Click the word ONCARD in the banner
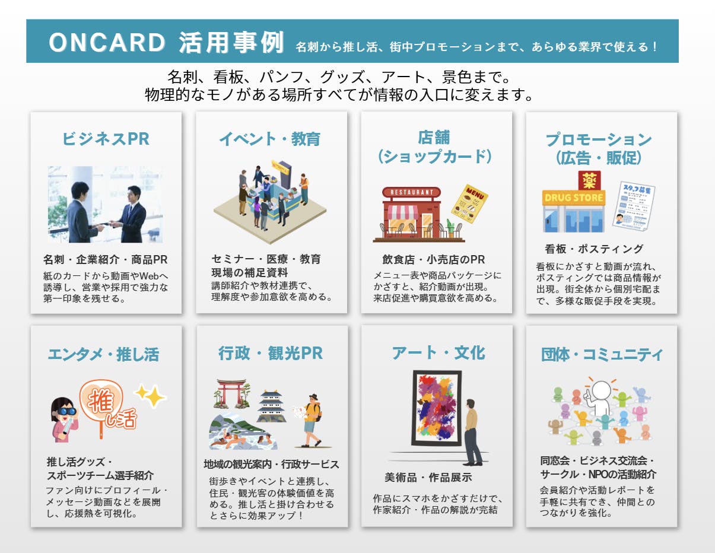tap(107, 43)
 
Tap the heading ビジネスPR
tap(106, 139)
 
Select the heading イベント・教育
tap(270, 139)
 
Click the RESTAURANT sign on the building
tap(411, 192)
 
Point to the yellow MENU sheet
tap(469, 204)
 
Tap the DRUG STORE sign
tap(574, 198)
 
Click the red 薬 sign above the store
tap(589, 180)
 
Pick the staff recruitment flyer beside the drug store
tap(633, 206)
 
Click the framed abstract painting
tap(437, 408)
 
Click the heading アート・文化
tap(438, 353)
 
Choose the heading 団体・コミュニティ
tap(602, 355)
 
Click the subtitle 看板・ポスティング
tap(594, 249)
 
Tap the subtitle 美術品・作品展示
tap(428, 477)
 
